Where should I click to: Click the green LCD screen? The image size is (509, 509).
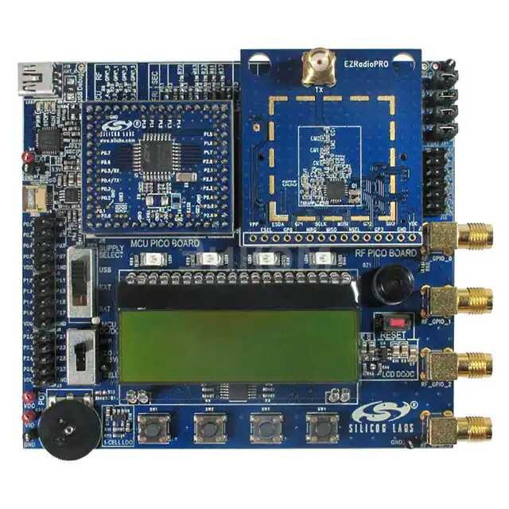point(239,334)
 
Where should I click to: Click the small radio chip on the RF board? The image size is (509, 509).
point(336,188)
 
